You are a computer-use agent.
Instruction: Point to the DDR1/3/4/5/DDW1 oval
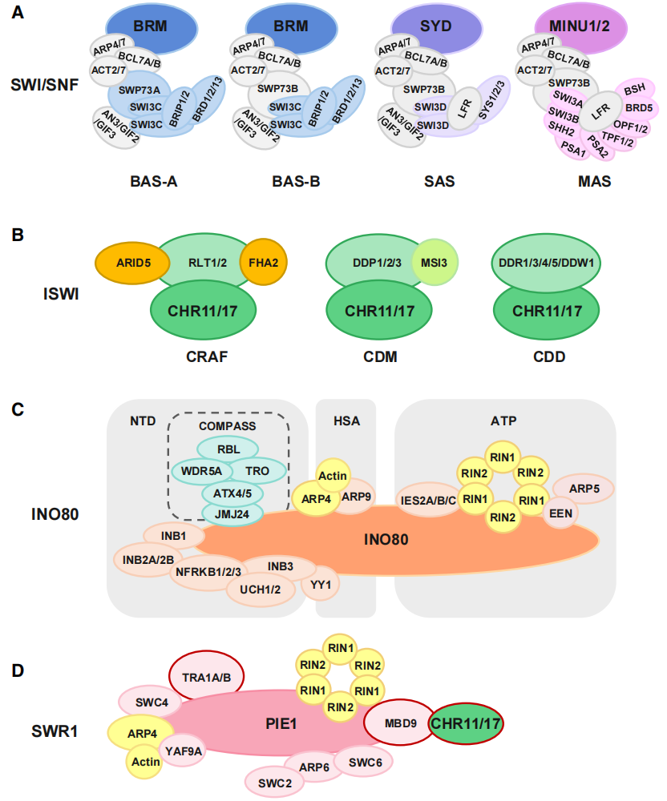tap(547, 261)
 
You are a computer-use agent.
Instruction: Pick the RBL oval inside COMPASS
tap(228, 449)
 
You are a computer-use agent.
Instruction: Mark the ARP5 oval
tap(583, 488)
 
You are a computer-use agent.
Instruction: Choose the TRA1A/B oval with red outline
tap(206, 677)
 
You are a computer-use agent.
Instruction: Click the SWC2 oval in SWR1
tap(275, 781)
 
